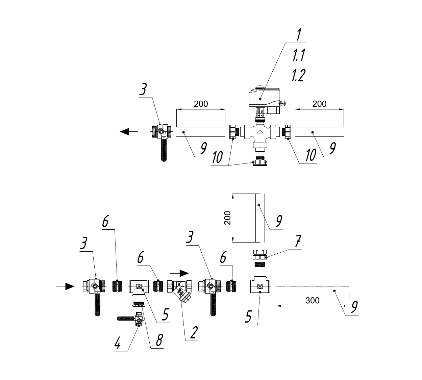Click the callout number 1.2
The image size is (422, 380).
[298, 75]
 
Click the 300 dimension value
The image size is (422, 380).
[312, 300]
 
